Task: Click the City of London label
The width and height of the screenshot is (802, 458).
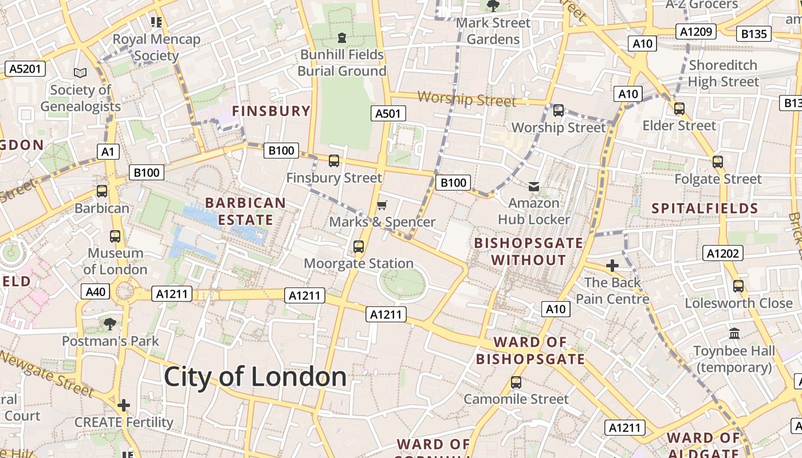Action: [x=255, y=377]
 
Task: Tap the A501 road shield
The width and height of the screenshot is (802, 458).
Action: [x=388, y=113]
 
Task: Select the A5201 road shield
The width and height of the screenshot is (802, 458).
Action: [x=26, y=69]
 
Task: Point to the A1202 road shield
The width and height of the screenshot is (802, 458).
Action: [x=723, y=253]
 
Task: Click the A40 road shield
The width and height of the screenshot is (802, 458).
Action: [x=95, y=291]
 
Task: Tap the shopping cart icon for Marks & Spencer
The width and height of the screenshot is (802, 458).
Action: [x=382, y=205]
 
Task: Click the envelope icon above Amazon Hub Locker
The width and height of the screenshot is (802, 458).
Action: [x=534, y=186]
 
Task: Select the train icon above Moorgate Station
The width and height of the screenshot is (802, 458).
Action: [x=359, y=247]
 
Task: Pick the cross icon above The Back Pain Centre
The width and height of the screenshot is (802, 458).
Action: [x=612, y=266]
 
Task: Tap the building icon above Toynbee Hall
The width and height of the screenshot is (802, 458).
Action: [x=734, y=333]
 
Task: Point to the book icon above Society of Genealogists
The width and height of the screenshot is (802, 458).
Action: [x=80, y=73]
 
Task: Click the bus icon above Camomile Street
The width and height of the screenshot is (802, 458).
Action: [x=516, y=382]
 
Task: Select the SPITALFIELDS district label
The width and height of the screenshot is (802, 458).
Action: [x=705, y=208]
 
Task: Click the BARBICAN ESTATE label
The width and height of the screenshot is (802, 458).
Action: [x=245, y=211]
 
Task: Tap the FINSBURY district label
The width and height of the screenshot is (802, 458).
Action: [x=271, y=111]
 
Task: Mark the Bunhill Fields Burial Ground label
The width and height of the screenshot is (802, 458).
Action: [x=342, y=63]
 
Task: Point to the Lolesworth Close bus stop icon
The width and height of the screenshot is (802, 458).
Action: [x=738, y=286]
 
